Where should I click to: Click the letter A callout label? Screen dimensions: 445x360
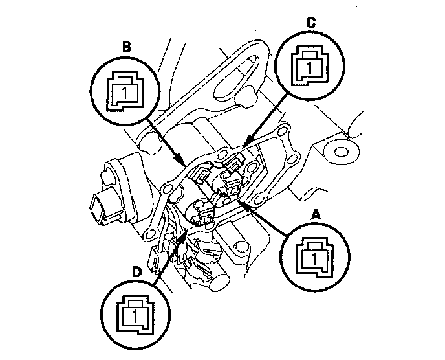pos(316,215)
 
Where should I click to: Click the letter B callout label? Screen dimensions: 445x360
pos(127,47)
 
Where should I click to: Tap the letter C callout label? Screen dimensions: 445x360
pos(311,23)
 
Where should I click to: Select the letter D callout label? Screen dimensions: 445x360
pos(136,273)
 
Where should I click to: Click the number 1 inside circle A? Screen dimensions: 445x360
pos(314,258)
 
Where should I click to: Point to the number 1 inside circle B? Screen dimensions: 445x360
pos(125,93)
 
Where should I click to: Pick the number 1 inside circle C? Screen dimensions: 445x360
pos(309,67)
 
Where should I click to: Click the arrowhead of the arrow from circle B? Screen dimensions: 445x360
pos(179,158)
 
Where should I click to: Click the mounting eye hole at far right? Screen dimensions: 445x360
pos(341,152)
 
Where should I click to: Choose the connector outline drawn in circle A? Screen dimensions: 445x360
pos(314,258)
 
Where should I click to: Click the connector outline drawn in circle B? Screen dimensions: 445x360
pos(125,91)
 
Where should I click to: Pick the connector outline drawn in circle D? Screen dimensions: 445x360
pos(136,314)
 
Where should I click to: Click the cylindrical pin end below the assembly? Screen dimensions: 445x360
pos(219,281)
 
